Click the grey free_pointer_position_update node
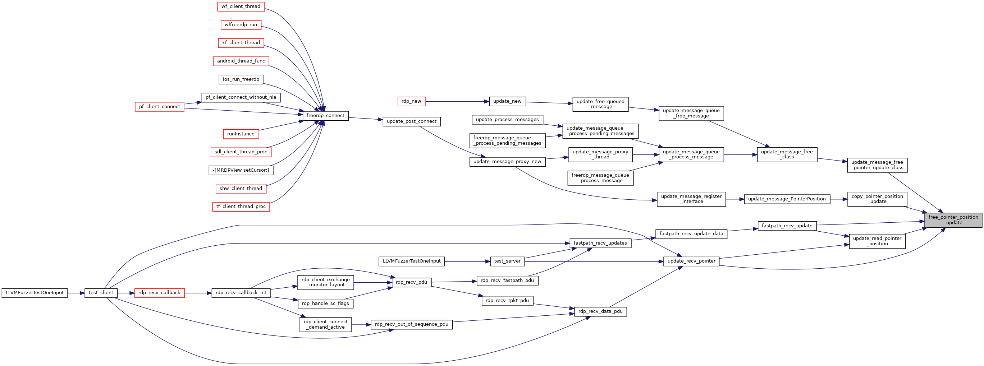click(x=953, y=220)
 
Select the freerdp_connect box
click(x=325, y=116)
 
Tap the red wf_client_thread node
click(x=241, y=6)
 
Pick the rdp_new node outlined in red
click(x=411, y=102)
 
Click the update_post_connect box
click(x=411, y=121)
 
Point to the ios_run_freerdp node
click(x=241, y=79)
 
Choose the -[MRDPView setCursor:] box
click(x=241, y=170)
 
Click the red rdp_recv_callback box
click(x=159, y=293)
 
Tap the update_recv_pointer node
click(x=691, y=261)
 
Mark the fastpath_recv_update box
click(x=787, y=226)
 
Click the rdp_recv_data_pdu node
click(x=600, y=311)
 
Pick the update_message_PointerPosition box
click(x=787, y=199)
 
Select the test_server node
click(x=507, y=261)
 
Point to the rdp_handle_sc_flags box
click(x=325, y=304)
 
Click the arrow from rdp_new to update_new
click(x=457, y=102)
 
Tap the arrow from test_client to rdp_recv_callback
click(x=126, y=293)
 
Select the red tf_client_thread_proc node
click(x=241, y=207)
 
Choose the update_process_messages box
click(x=507, y=120)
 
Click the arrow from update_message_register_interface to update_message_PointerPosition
click(x=735, y=199)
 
